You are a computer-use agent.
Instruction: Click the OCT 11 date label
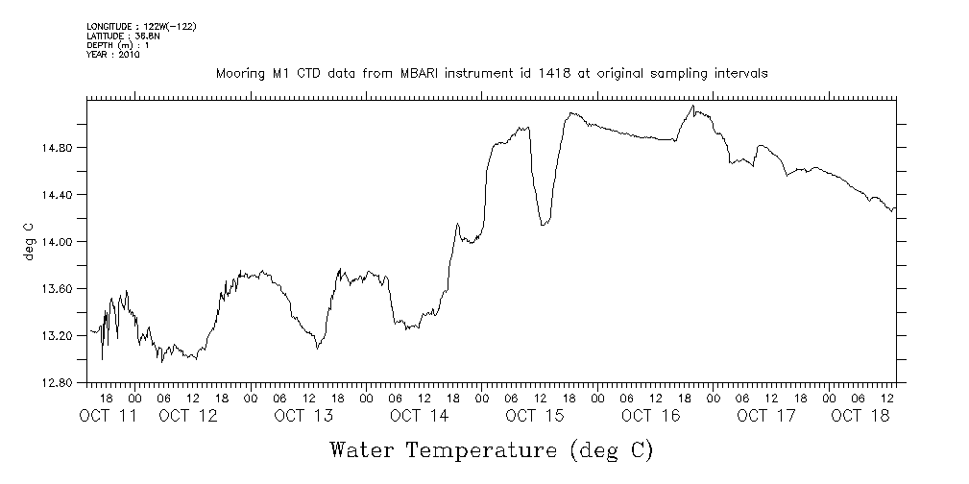(x=107, y=417)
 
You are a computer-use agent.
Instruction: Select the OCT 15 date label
(x=533, y=417)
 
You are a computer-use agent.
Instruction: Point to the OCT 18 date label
(x=860, y=417)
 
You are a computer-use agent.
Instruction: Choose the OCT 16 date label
(x=650, y=417)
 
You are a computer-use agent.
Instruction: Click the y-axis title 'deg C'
(x=29, y=242)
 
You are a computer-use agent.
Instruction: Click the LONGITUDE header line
(x=141, y=26)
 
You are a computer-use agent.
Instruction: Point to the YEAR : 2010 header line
(x=113, y=55)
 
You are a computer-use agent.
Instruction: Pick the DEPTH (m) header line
(x=118, y=45)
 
